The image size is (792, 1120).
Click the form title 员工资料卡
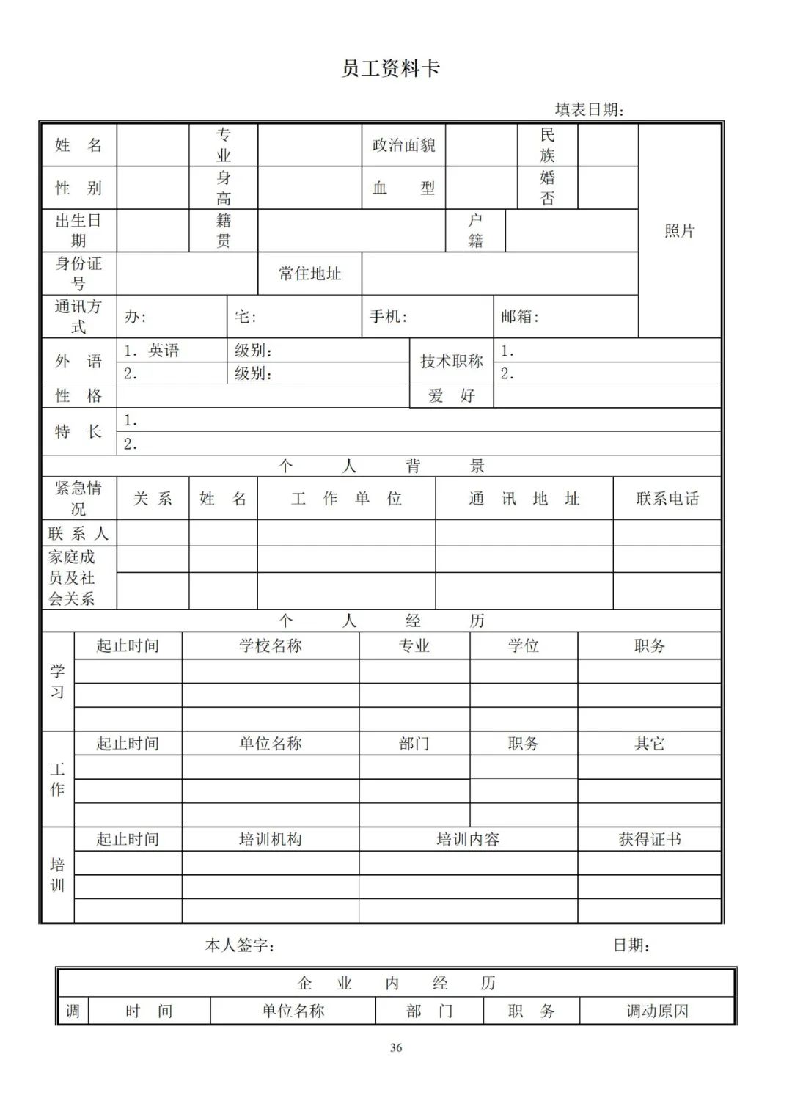click(x=390, y=69)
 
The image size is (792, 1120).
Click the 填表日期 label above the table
click(x=590, y=110)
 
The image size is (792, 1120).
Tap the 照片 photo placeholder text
click(x=679, y=231)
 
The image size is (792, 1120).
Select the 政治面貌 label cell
click(x=403, y=145)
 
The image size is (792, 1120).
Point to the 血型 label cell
click(x=403, y=189)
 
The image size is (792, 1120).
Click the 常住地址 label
click(x=309, y=274)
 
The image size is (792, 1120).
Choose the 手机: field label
click(x=389, y=317)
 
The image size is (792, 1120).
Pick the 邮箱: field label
click(x=520, y=317)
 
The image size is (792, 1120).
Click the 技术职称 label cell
click(x=451, y=362)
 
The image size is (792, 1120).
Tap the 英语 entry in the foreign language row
click(x=164, y=351)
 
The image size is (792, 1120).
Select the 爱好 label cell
click(x=451, y=396)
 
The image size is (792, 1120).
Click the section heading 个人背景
click(x=381, y=466)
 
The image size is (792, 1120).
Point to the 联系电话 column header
click(x=667, y=499)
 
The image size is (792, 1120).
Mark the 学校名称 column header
click(x=271, y=646)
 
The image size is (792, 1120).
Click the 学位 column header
click(x=524, y=646)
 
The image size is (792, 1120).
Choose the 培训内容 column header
click(x=468, y=840)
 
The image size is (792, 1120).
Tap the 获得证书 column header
click(x=650, y=840)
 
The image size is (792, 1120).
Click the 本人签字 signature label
click(x=240, y=946)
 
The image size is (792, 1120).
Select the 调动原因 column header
click(x=657, y=1011)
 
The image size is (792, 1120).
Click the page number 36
click(x=396, y=1047)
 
